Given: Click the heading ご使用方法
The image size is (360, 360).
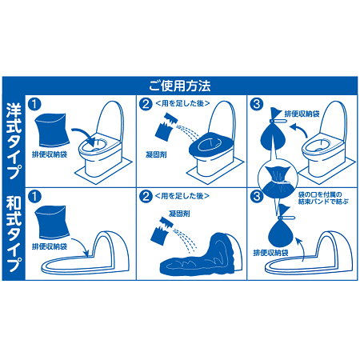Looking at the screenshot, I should (x=179, y=84).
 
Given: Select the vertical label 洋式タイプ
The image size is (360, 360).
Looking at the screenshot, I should (x=14, y=135).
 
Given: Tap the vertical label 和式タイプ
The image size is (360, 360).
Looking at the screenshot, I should (x=14, y=231).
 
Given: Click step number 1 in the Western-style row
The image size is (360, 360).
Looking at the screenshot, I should (x=34, y=103).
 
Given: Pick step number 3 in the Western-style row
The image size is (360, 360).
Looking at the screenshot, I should (x=255, y=103).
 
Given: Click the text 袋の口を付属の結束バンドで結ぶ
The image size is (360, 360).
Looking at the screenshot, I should (x=325, y=198).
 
